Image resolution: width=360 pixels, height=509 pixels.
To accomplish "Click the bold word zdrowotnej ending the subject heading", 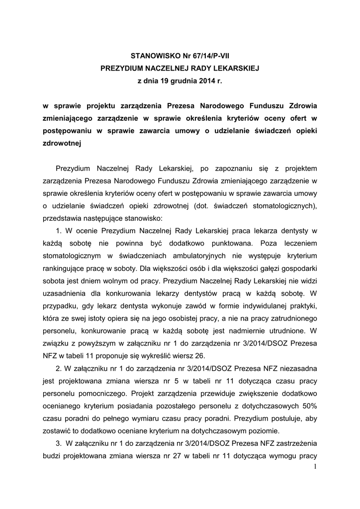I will coord(61,144).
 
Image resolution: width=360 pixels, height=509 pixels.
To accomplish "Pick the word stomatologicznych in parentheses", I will coord(277,206).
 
